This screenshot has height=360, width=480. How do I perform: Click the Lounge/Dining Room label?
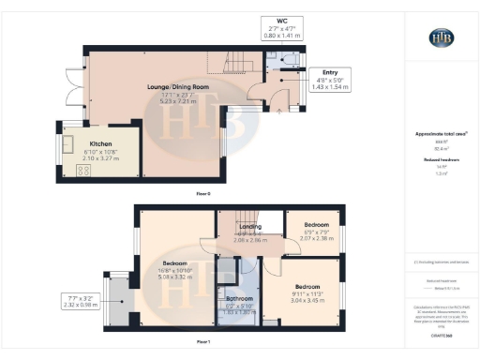pyautogui.click(x=177, y=86)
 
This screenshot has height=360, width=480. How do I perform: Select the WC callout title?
pyautogui.click(x=281, y=22)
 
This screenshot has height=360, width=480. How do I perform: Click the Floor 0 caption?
pyautogui.click(x=202, y=193)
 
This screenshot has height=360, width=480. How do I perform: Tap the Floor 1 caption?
pyautogui.click(x=202, y=343)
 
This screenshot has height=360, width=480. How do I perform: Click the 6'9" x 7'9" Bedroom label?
pyautogui.click(x=315, y=225)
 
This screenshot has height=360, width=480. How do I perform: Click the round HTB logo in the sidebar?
pyautogui.click(x=441, y=37)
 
